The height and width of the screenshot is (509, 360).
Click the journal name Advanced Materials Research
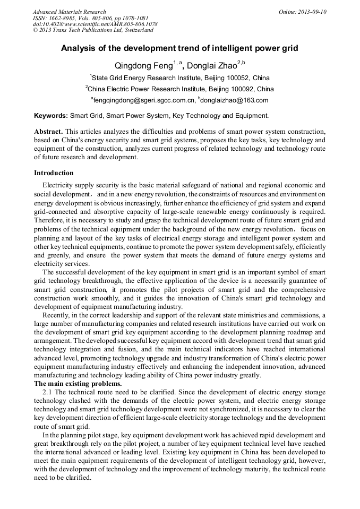click(69, 12)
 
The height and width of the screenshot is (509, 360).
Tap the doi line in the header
click(95, 24)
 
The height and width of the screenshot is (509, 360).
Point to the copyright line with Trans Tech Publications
click(93, 30)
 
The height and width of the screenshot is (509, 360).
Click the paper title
click(179, 48)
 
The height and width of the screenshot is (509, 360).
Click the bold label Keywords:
click(51, 115)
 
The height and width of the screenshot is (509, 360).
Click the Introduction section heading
click(54, 173)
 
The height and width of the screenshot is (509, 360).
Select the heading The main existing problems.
click(78, 383)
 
